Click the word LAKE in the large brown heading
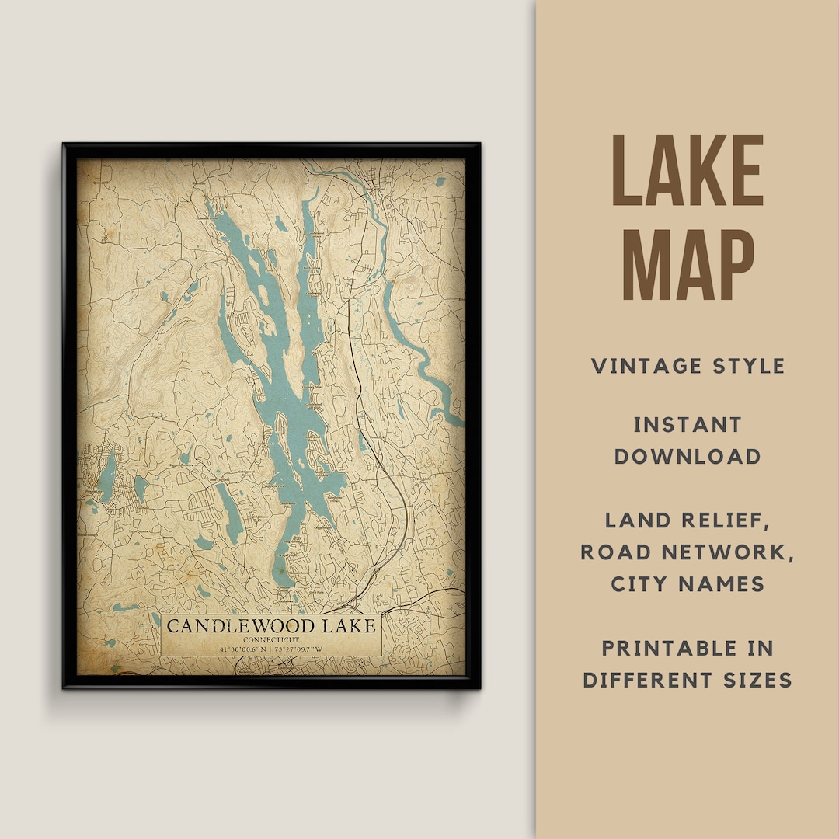[x=688, y=172]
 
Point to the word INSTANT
[x=688, y=425]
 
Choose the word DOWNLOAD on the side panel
[x=688, y=456]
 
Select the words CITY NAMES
[x=688, y=583]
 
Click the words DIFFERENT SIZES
[x=688, y=680]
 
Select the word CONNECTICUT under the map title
[x=271, y=639]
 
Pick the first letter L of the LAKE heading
[x=626, y=172]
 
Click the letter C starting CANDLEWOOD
[x=173, y=626]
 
